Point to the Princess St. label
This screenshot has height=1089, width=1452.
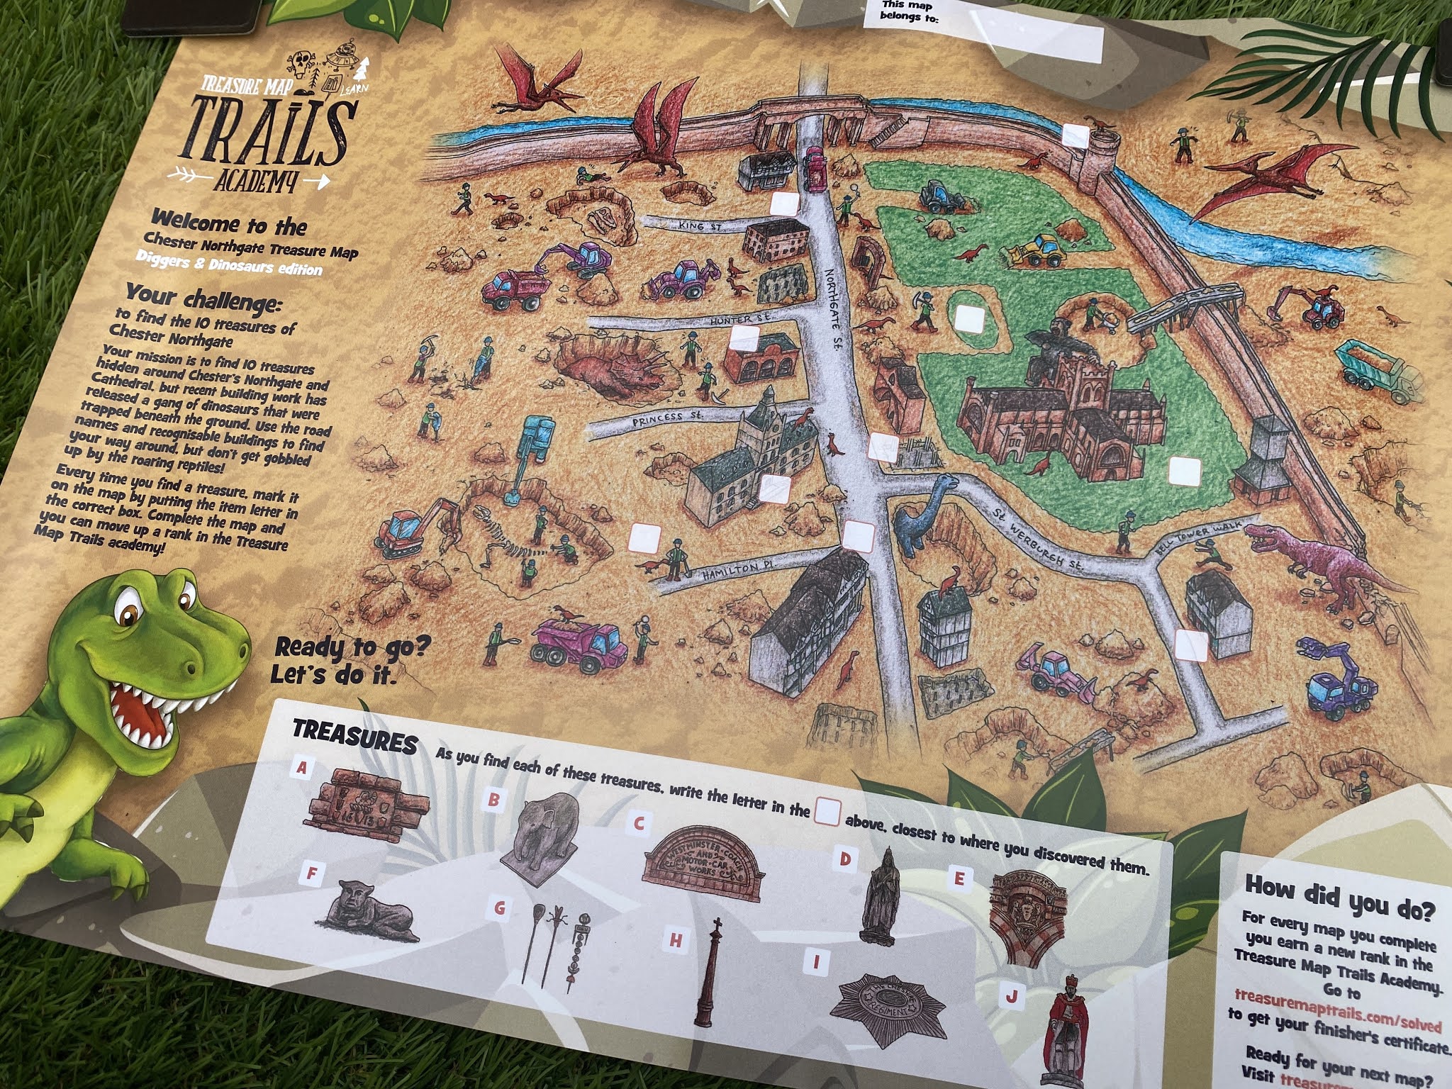pos(667,419)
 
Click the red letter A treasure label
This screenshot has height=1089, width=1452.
pos(303,768)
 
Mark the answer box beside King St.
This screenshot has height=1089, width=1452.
pos(784,204)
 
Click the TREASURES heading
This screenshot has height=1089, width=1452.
pos(355,737)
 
